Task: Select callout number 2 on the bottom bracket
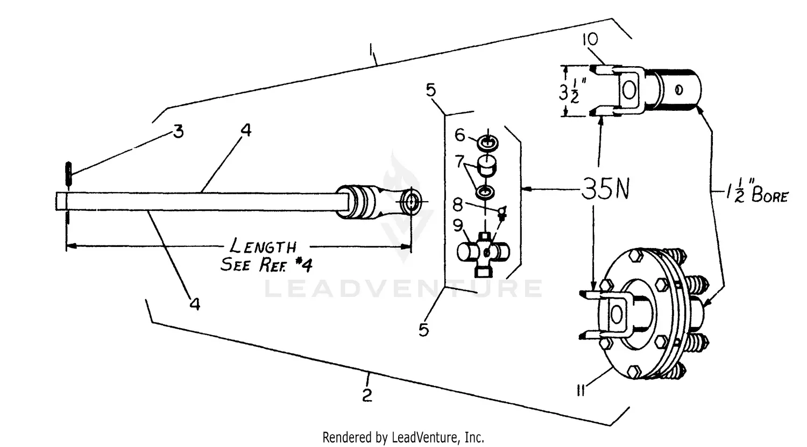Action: pos(367,395)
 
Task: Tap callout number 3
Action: pos(178,131)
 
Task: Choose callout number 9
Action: pos(458,226)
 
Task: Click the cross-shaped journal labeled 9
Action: pos(483,252)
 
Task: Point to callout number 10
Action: pos(590,40)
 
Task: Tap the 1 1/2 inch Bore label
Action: pos(756,194)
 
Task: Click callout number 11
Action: pos(581,391)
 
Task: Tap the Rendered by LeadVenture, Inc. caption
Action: pos(403,437)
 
